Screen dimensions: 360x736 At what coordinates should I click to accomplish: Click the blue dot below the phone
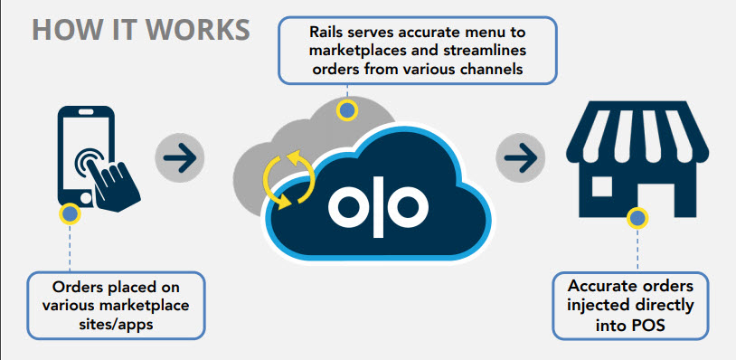coord(67,214)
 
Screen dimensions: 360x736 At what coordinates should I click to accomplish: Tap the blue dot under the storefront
coord(637,218)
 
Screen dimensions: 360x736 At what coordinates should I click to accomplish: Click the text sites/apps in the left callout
coord(115,324)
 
